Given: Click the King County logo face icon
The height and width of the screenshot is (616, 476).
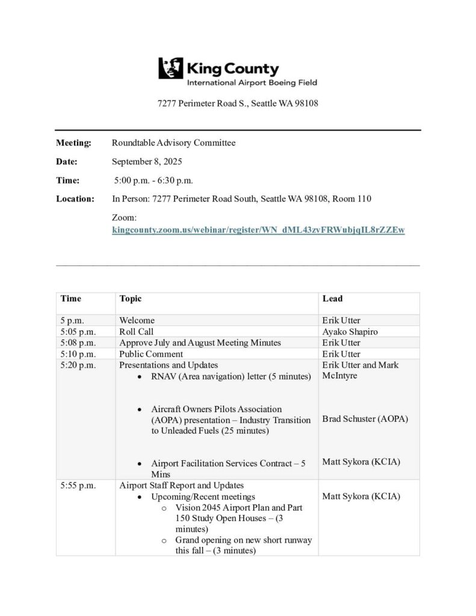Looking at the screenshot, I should [170, 68].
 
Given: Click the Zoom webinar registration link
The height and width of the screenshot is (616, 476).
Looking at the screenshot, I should [258, 230].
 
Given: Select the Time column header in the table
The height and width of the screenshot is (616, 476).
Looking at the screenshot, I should [70, 298].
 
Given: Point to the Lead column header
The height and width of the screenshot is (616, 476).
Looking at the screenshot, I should [332, 298].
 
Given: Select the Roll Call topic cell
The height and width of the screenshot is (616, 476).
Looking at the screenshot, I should [137, 331].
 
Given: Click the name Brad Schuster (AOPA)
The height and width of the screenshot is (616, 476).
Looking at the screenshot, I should [365, 419].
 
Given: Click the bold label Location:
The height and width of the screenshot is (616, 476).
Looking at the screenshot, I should [75, 199].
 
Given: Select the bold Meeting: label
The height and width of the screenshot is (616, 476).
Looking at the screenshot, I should [73, 143].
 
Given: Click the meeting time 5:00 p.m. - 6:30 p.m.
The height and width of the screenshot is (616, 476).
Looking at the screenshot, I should [154, 180].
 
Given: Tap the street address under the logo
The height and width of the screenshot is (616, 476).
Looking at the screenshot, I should [238, 103].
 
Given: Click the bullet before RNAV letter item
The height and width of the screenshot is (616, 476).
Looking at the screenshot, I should [140, 377].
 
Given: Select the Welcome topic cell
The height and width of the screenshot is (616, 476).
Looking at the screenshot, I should [137, 321].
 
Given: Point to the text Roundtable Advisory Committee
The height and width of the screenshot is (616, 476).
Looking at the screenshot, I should [174, 143].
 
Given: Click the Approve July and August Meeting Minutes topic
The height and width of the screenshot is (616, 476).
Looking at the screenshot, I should [200, 343].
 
